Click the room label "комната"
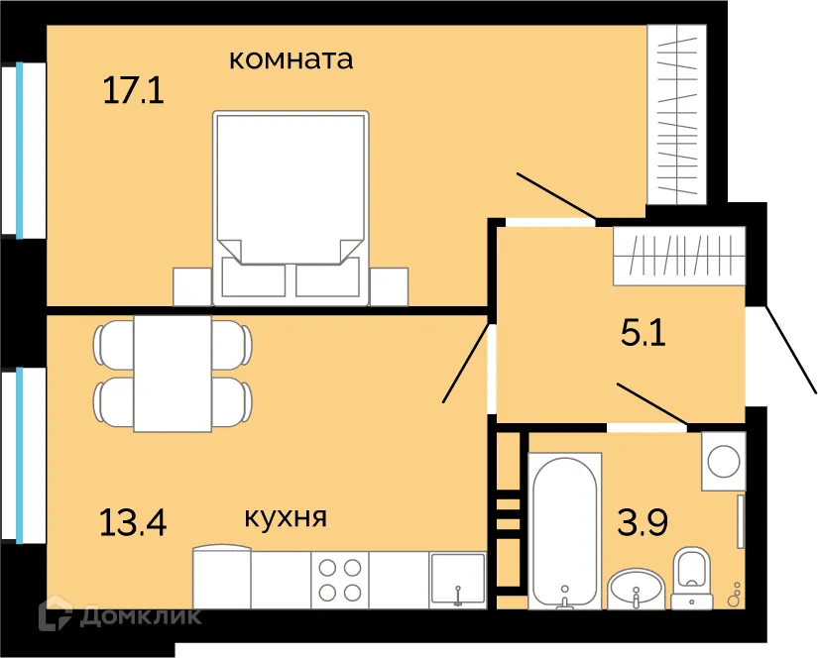coord(291,59)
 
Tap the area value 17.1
coord(132,92)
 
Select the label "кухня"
coord(286,517)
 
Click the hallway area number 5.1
coord(643,331)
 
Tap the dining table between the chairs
coord(173,374)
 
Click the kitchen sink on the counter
coord(457,580)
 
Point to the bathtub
coord(564,530)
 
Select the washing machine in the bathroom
coord(723,461)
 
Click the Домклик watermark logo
coord(119,615)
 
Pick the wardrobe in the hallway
coord(678,255)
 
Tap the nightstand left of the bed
coord(192,286)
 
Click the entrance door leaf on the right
coord(790,353)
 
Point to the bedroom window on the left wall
coord(19,150)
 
